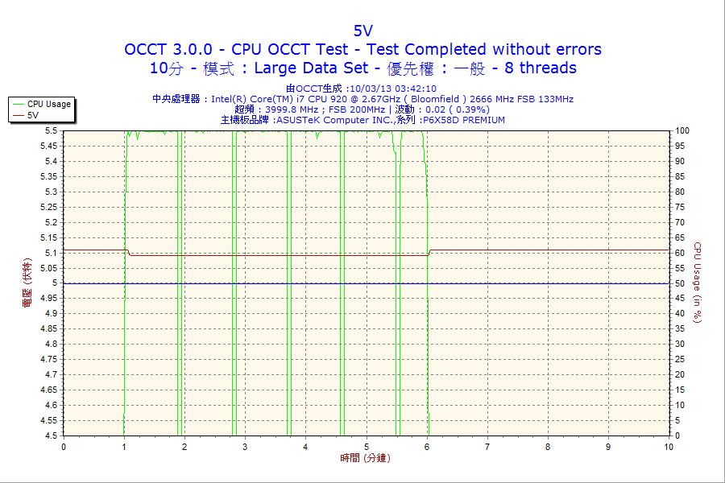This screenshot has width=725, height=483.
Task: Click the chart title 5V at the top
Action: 362,31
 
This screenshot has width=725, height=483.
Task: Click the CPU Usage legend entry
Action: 48,104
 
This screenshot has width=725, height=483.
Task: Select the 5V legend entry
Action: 33,115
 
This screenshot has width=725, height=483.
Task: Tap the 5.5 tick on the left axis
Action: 51,130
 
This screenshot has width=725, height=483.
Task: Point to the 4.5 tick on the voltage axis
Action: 51,436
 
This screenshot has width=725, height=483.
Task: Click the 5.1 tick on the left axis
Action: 51,253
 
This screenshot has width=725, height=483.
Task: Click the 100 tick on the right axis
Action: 682,130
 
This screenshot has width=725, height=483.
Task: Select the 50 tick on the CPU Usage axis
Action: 681,283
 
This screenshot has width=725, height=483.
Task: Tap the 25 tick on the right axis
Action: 681,360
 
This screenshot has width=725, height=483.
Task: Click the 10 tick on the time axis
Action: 668,447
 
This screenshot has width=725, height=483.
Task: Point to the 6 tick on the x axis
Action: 427,447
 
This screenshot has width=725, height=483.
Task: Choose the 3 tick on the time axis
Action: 245,447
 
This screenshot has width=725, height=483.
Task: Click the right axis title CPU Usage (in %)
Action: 698,283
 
